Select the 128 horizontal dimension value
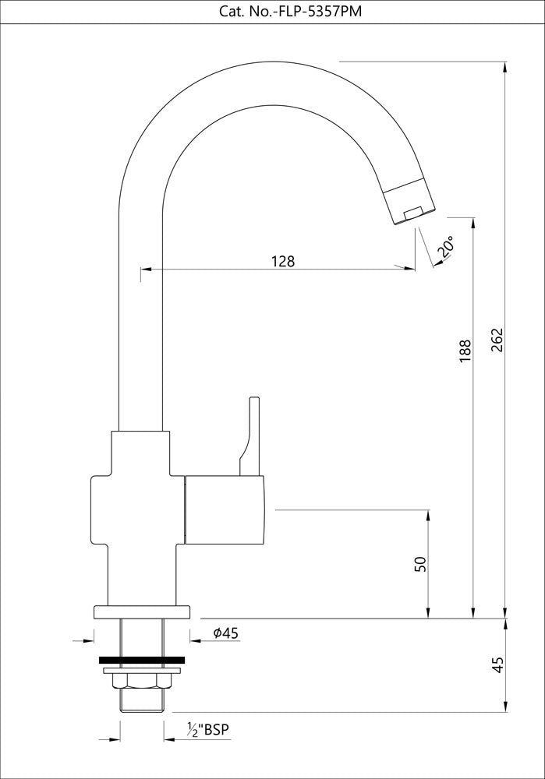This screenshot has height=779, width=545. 283,261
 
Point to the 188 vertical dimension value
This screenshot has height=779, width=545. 465,350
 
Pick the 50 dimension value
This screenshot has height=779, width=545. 420,564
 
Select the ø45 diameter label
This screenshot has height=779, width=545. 225,633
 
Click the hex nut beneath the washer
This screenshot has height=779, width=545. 141,681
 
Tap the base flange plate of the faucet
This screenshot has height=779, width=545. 141,612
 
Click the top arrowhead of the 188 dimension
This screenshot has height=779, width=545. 472,222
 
